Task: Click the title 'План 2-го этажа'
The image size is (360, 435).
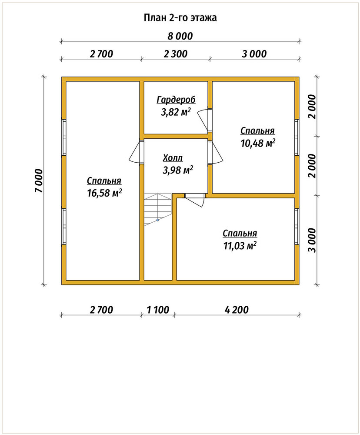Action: [x=180, y=18]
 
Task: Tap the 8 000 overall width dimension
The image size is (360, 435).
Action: [x=180, y=37]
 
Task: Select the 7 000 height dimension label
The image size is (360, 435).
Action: [x=39, y=181]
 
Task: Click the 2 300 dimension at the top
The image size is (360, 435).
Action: [x=176, y=54]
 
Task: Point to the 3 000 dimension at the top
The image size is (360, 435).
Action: [x=254, y=54]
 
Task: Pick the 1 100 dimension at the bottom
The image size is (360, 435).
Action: [x=158, y=310]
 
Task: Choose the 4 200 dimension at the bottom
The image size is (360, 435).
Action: [x=237, y=310]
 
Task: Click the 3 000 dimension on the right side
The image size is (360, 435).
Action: [x=312, y=240]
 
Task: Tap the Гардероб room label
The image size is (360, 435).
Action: [x=176, y=100]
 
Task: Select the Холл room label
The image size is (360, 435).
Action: [x=173, y=158]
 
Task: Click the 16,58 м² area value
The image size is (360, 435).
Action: [x=104, y=193]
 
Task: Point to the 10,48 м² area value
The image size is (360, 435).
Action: [x=258, y=143]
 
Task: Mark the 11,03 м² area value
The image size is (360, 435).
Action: [x=240, y=246]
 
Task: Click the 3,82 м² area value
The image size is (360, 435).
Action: [x=176, y=112]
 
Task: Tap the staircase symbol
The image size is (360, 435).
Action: [x=158, y=210]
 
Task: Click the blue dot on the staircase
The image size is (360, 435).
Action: [x=157, y=220]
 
